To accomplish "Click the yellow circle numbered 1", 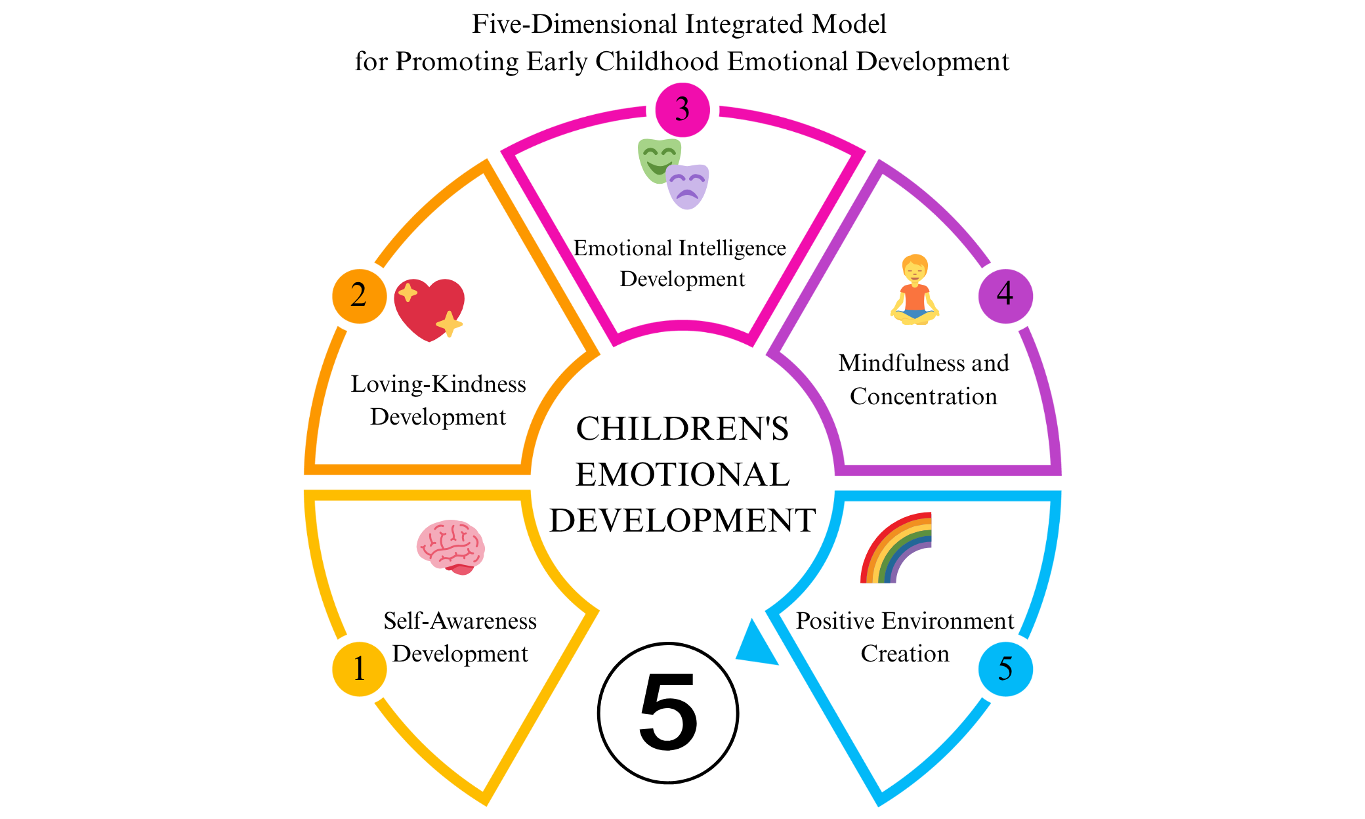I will point(359,669).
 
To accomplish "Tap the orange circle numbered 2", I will point(359,295).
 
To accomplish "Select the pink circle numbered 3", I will point(682,110).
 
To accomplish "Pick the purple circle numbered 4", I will point(1005,295).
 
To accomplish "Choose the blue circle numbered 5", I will point(1005,669).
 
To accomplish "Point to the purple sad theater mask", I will point(688,186).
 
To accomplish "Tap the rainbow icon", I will point(896,547).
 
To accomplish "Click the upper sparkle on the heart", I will point(408,292).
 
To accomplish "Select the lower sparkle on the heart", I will point(450,324).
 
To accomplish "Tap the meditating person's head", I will point(915,267).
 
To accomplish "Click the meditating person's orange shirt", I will point(915,296).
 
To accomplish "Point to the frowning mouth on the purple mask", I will point(687,195).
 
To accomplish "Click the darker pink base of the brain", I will point(463,569).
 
